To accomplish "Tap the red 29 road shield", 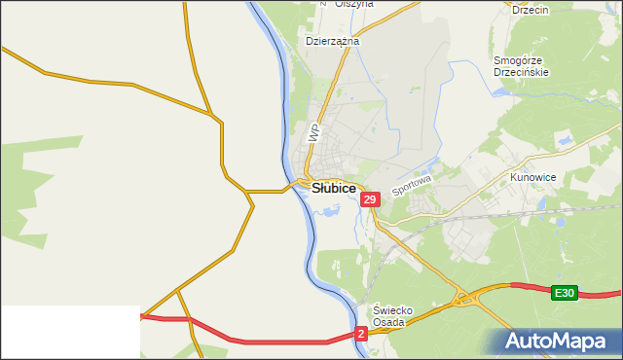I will [369, 199].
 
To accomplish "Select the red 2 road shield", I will [361, 334].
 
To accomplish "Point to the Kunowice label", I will [532, 179].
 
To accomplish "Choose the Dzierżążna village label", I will [333, 42].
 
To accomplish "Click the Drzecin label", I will [530, 9].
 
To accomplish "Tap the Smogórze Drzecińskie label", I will [522, 65].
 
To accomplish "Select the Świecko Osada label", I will [394, 317].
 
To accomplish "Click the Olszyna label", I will [353, 4].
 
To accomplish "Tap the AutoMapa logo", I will [558, 341].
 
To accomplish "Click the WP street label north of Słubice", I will [313, 133].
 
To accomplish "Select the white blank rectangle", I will [69, 333].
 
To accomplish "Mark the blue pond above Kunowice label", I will [562, 143].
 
